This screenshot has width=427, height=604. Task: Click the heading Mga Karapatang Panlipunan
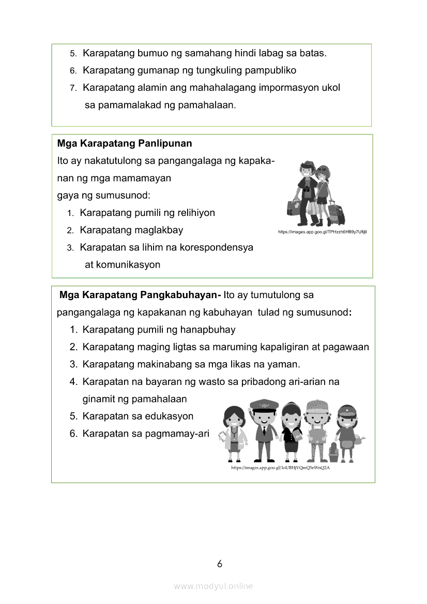[x=125, y=143]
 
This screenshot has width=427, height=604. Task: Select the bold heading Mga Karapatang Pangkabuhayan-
[x=140, y=295]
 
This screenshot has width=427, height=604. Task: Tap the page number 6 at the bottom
[x=220, y=564]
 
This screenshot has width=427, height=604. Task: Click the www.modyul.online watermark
[x=213, y=586]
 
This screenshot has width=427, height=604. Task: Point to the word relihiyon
[x=196, y=213]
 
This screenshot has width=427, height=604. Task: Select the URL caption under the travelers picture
[x=323, y=232]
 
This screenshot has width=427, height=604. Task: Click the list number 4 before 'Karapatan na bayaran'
[x=73, y=382]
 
